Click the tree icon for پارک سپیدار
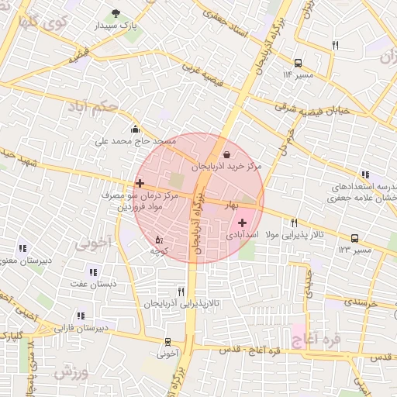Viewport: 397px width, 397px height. [116, 13]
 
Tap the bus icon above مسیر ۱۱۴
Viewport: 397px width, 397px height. [298, 63]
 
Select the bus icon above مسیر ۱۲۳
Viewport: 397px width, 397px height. [354, 239]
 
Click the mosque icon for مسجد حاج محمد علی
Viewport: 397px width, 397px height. [136, 129]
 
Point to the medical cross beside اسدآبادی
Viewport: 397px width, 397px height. [242, 223]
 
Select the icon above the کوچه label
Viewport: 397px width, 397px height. [159, 240]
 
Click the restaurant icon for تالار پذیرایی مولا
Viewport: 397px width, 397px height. [294, 223]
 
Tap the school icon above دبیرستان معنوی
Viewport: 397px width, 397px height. [21, 249]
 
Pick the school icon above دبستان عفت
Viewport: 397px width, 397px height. [93, 272]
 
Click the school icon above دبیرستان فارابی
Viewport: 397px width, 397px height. [81, 316]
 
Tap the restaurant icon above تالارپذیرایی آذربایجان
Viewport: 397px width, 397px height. [181, 292]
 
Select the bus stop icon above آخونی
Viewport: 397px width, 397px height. [167, 342]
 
